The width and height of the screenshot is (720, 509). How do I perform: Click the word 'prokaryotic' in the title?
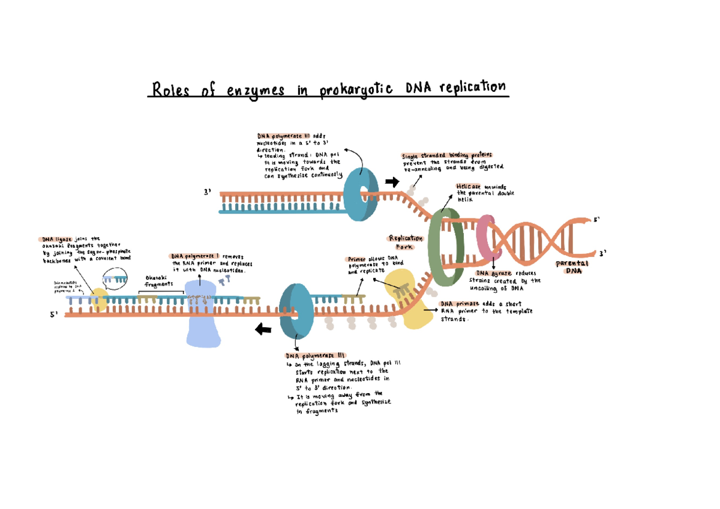pyautogui.click(x=356, y=90)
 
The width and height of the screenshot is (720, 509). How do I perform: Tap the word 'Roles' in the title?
pyautogui.click(x=171, y=91)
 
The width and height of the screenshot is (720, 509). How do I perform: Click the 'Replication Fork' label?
pyautogui.click(x=406, y=242)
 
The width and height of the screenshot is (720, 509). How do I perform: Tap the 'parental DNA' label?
pyautogui.click(x=572, y=267)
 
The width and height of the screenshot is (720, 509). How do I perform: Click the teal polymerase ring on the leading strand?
pyautogui.click(x=362, y=194)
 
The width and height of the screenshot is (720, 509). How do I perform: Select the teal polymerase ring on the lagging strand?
pyautogui.click(x=296, y=312)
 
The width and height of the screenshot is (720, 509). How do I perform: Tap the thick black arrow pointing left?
pyautogui.click(x=263, y=329)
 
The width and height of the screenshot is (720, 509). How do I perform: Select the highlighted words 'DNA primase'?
pyautogui.click(x=460, y=304)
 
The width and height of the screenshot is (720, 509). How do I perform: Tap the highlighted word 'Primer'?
pyautogui.click(x=357, y=259)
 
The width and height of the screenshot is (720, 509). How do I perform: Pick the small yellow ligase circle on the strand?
pyautogui.click(x=99, y=301)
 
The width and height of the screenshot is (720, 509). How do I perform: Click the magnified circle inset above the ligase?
pyautogui.click(x=115, y=277)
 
